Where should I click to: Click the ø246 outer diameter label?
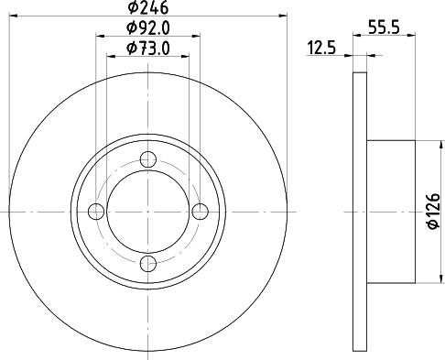click(148, 8)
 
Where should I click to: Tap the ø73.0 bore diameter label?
click(148, 48)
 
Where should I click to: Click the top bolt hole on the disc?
click(148, 159)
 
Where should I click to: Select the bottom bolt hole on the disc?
click(148, 264)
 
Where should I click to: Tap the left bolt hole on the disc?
click(96, 212)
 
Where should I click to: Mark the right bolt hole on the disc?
click(201, 212)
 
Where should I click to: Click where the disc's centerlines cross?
click(148, 212)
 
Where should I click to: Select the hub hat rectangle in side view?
click(391, 212)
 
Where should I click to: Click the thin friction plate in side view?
click(359, 212)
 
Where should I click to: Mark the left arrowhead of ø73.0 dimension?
click(111, 57)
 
